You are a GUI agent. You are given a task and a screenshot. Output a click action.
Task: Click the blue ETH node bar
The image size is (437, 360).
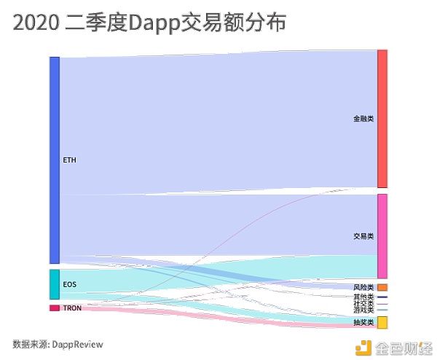point(54,160)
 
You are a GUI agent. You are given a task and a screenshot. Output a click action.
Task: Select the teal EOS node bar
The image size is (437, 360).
point(54,284)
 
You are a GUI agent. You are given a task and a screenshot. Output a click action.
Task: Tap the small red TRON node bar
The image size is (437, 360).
point(54,308)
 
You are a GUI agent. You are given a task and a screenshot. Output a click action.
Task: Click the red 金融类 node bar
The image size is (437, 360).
point(382,119)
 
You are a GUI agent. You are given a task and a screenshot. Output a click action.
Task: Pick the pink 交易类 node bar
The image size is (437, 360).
point(382,235)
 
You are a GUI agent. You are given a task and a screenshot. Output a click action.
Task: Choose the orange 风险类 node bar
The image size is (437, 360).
point(382,287)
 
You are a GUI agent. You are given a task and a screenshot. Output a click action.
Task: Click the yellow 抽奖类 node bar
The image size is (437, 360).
point(382,322)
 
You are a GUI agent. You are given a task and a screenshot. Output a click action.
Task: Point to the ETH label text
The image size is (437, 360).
point(70,160)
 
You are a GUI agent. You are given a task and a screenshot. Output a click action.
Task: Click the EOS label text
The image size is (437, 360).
point(70,283)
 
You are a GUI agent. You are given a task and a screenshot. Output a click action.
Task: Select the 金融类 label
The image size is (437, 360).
point(363,118)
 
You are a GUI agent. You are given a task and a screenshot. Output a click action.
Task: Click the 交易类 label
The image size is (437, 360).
point(363,236)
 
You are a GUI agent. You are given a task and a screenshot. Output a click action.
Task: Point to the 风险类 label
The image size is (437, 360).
point(363,288)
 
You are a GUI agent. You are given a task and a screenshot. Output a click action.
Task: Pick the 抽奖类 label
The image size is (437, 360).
point(363,322)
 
